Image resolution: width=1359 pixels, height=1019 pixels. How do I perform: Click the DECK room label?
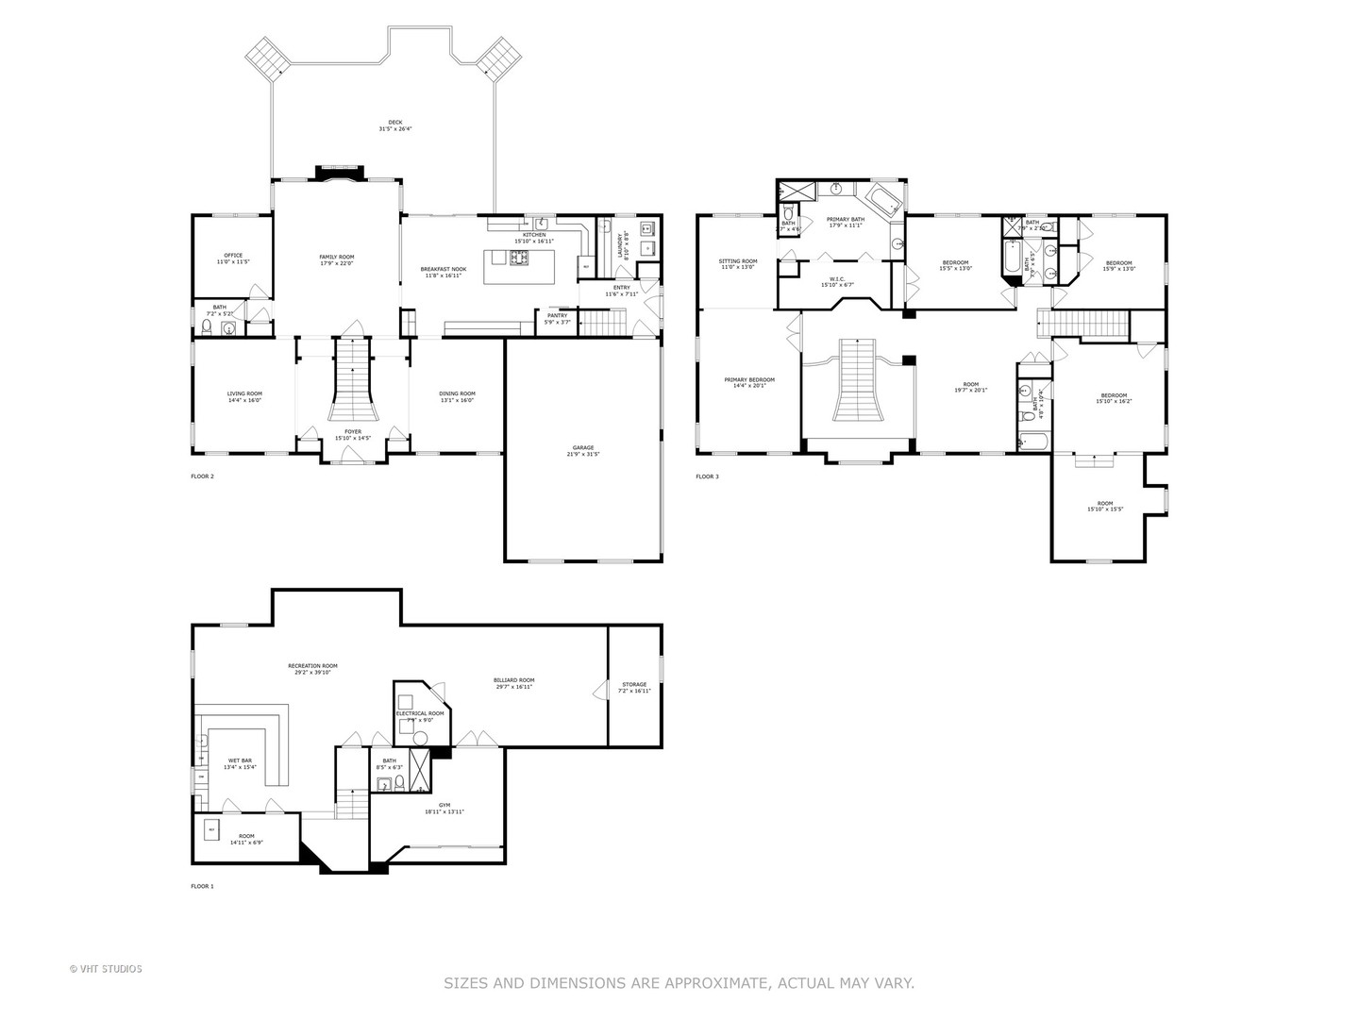(x=395, y=125)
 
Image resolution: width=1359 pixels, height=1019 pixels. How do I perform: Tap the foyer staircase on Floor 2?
(x=351, y=381)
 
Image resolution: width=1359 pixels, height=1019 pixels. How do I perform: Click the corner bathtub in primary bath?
(x=881, y=199)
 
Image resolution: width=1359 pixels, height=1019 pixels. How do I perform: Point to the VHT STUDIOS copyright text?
(x=106, y=968)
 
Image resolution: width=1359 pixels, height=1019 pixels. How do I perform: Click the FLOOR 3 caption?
(x=707, y=476)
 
